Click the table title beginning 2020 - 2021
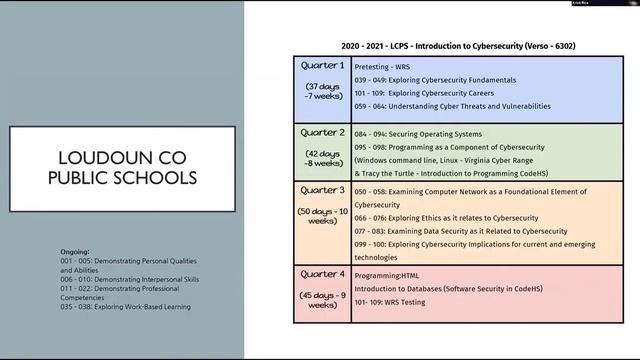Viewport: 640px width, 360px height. (x=444, y=46)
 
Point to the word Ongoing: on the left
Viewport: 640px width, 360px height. (x=75, y=252)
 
